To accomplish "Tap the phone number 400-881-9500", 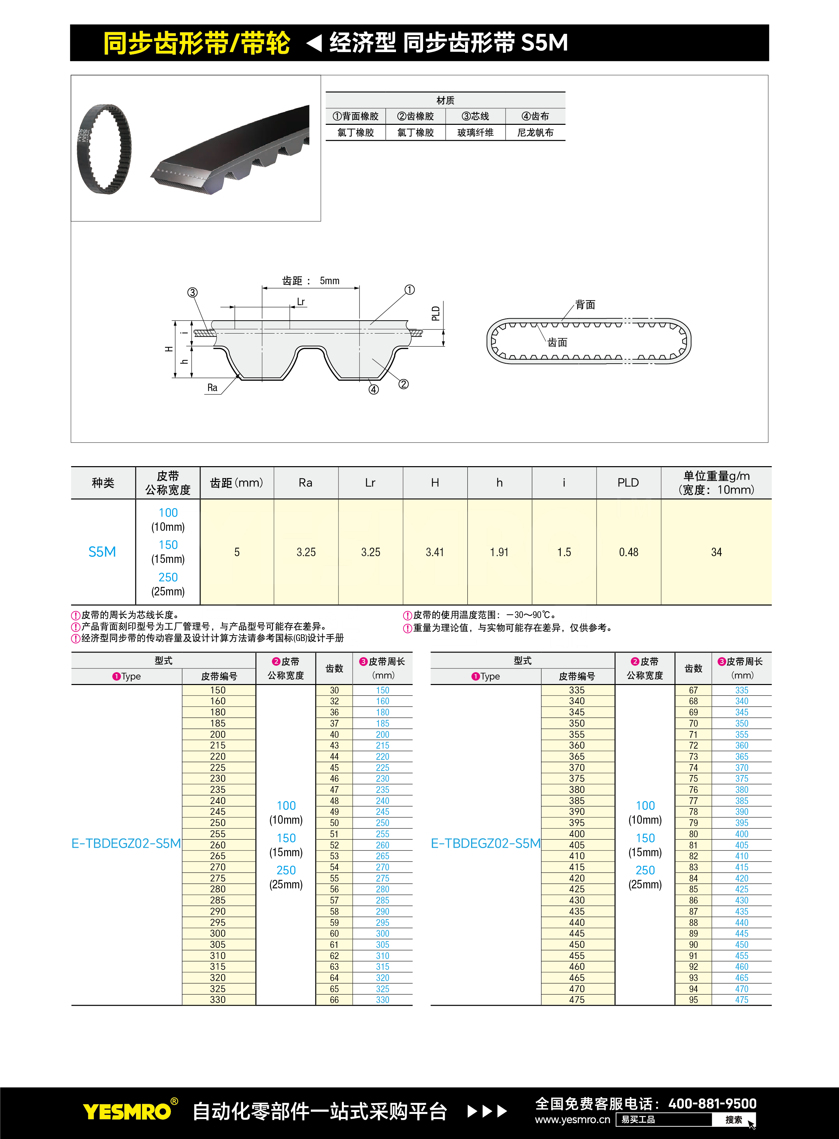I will click(712, 1103).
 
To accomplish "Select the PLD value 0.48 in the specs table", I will click(628, 552).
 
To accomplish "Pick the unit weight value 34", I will click(716, 552).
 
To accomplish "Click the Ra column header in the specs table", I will click(305, 483).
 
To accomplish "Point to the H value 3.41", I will click(435, 552).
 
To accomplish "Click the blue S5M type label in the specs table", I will click(102, 552).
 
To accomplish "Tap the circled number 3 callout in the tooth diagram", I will click(192, 293).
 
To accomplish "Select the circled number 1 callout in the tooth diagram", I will click(409, 290).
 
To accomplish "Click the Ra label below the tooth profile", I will click(212, 388).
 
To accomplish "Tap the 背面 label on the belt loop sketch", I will click(585, 305).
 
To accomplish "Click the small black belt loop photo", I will click(104, 149).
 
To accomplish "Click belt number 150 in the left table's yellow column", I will click(218, 690).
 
